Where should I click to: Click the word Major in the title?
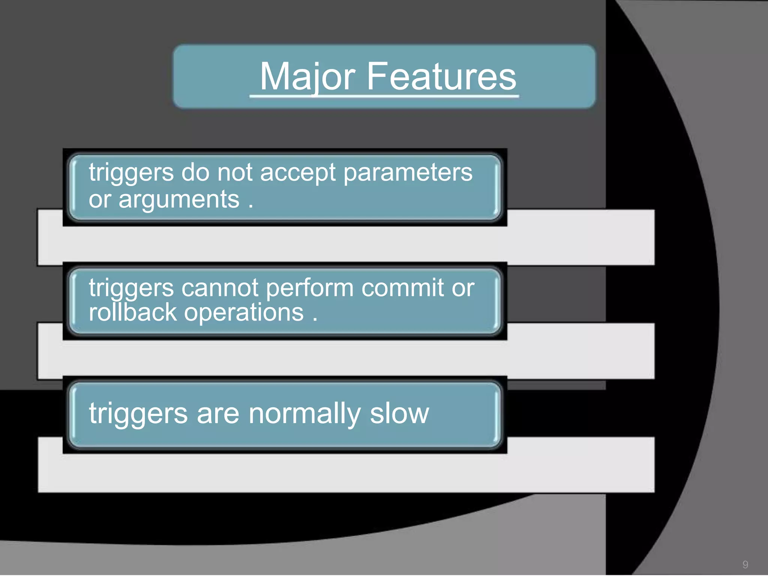pos(307,77)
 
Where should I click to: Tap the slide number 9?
pos(745,564)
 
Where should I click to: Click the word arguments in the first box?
pos(179,200)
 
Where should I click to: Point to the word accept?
pos(297,173)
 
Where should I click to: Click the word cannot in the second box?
pos(220,288)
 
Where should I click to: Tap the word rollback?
pos(132,312)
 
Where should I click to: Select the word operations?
pos(243,313)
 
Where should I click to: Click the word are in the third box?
pos(217,414)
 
